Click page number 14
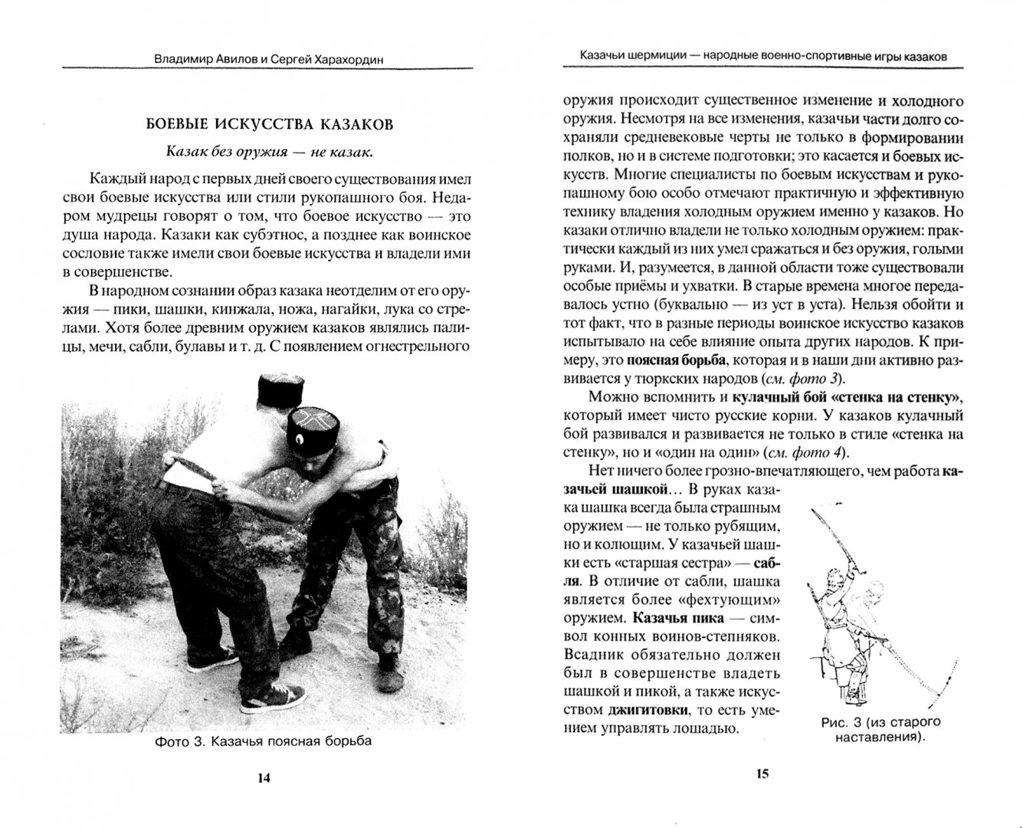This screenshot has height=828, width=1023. pyautogui.click(x=263, y=777)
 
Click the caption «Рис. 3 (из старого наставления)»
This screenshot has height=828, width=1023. pyautogui.click(x=868, y=730)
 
